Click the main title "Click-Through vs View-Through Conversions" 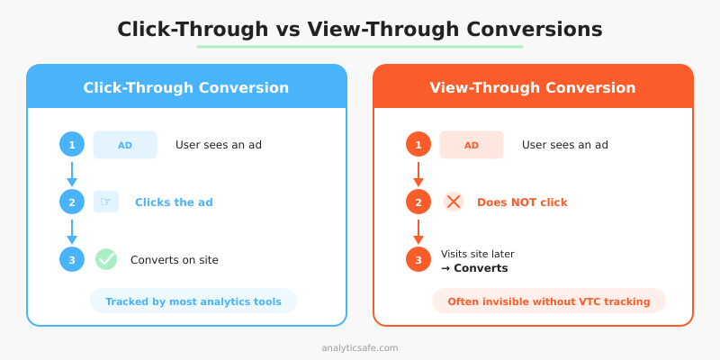click(x=360, y=29)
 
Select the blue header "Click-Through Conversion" click(x=186, y=87)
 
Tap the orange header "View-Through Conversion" click(x=533, y=87)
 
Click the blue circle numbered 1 click(x=72, y=145)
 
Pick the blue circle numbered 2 click(x=72, y=202)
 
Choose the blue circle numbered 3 click(x=72, y=260)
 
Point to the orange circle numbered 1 click(x=418, y=145)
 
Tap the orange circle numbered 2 click(x=418, y=202)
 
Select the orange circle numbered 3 click(x=418, y=260)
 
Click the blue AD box click(x=125, y=145)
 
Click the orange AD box click(x=472, y=145)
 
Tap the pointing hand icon click(x=106, y=202)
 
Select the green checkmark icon click(x=106, y=259)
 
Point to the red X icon click(x=454, y=202)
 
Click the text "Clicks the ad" click(x=174, y=202)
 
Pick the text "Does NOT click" click(x=522, y=202)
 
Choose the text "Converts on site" click(x=175, y=260)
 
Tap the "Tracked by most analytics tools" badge click(x=193, y=301)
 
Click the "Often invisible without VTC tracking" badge click(x=549, y=301)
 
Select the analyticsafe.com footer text click(x=360, y=347)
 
